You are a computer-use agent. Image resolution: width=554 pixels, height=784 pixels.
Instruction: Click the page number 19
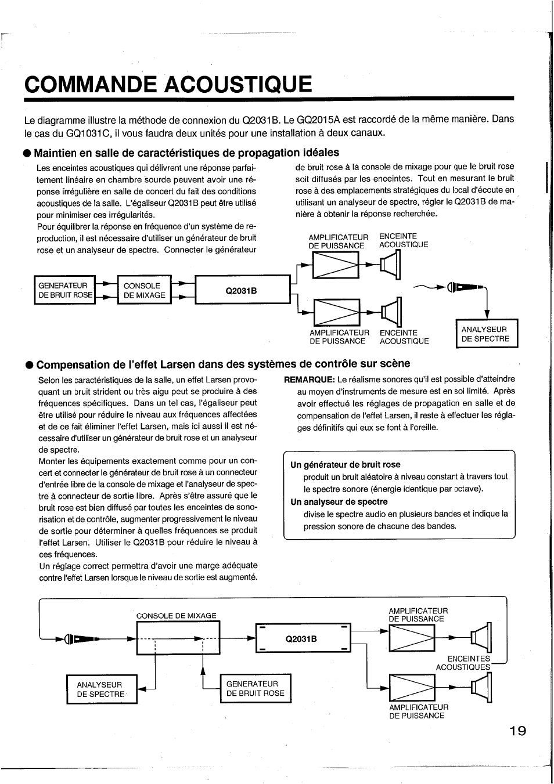pos(518,731)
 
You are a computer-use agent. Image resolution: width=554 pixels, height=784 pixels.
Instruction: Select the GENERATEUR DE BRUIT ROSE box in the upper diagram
pos(64,290)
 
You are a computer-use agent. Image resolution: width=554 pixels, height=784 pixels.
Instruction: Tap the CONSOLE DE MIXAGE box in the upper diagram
pos(144,290)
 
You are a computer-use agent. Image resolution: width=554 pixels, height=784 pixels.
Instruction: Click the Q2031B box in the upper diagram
pos(242,290)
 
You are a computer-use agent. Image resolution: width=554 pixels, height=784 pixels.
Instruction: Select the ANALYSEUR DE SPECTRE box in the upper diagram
pos(487,334)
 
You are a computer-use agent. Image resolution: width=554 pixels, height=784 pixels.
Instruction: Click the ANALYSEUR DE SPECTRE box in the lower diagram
pos(102,689)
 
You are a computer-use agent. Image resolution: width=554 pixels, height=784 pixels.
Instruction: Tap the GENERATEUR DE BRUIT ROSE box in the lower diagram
pos(256,688)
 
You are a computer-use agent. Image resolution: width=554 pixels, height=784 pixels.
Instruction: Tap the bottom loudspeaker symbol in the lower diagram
pos(482,689)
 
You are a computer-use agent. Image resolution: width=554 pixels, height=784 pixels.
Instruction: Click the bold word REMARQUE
pos(309,380)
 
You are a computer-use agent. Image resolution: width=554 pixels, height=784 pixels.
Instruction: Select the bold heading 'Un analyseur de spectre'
pos(339,502)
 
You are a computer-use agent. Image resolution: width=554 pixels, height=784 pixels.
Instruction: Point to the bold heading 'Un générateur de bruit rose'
pos(345,465)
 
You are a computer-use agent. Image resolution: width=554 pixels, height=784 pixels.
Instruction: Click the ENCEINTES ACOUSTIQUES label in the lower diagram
pos(463,663)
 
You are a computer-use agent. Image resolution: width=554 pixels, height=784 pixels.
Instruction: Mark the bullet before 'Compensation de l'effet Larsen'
pos(28,365)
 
